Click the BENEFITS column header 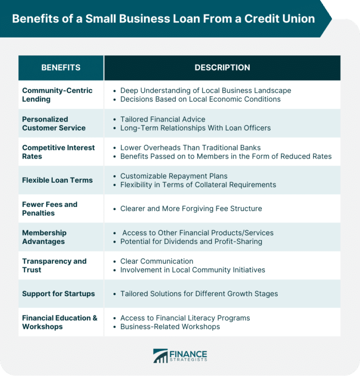coord(61,67)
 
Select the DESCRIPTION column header coord(222,67)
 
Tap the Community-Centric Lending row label coord(57,94)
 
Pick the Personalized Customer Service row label coord(54,123)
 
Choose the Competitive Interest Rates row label coord(58,152)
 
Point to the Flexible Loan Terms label coord(57,180)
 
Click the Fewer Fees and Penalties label coord(49,208)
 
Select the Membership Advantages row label coord(44,237)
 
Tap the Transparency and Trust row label coord(54,265)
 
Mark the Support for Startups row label coord(58,293)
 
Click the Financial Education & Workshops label coord(59,322)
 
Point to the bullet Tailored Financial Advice coord(162,119)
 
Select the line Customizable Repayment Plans coord(173,176)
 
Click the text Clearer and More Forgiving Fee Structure coord(191,208)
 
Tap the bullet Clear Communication coord(157,261)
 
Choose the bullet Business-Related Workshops coord(170,327)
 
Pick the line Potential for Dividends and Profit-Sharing coord(191,241)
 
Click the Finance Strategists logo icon coord(161,356)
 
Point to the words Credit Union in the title coord(282,19)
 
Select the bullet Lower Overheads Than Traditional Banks coord(190,147)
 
